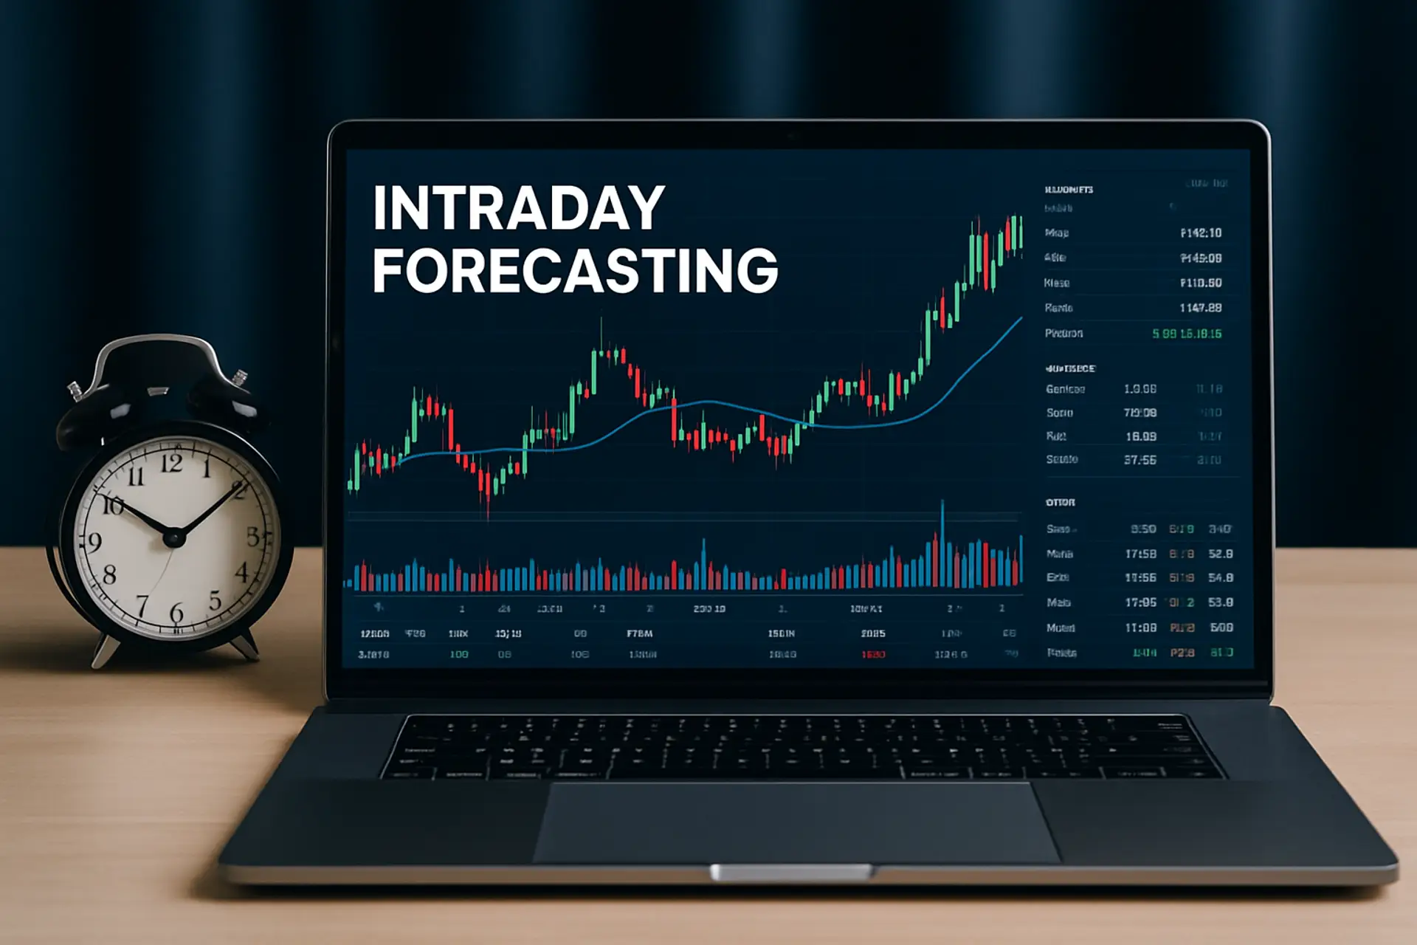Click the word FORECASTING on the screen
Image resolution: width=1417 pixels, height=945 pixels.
[575, 270]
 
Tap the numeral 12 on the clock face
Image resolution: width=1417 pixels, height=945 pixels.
[171, 464]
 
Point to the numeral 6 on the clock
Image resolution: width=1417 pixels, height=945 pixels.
[176, 612]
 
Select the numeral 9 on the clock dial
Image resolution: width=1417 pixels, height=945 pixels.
[94, 543]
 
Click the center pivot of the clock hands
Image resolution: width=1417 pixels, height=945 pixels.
[173, 537]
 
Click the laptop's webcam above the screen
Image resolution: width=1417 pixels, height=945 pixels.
[791, 137]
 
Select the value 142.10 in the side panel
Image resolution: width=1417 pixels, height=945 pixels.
[1201, 233]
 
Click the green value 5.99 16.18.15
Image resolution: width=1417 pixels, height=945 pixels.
[1187, 334]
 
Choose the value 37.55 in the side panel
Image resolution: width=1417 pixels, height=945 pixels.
[1140, 460]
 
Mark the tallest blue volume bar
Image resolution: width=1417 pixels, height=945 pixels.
[942, 543]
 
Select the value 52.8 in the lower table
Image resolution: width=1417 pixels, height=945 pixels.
[1221, 554]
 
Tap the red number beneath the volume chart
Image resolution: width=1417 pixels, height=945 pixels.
[873, 655]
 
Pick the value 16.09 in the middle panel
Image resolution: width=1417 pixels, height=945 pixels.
[1141, 436]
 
